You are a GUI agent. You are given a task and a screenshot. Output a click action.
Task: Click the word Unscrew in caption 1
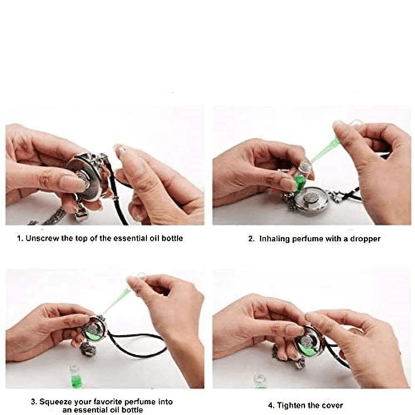pos(43,238)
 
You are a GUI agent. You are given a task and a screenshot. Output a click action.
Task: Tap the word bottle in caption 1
pos(172,238)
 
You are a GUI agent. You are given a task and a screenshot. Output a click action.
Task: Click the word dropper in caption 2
pos(365,239)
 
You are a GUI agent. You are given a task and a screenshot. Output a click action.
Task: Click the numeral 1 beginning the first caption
pos(19,238)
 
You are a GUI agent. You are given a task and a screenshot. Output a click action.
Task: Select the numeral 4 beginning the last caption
pos(271,405)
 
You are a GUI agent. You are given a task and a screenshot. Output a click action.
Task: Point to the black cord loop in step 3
pos(138,344)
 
